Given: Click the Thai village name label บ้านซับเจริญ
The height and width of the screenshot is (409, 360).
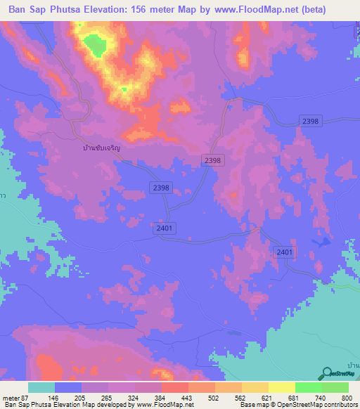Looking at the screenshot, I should (101, 148).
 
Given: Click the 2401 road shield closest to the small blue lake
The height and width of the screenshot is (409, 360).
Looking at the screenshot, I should (284, 252).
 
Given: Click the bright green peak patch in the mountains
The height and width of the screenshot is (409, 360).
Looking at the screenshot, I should (95, 46).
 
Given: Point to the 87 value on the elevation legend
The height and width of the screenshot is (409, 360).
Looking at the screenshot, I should (27, 397).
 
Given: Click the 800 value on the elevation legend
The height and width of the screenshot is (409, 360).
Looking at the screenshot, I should (345, 397).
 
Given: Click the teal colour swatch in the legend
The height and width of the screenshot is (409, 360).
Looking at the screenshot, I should (41, 387).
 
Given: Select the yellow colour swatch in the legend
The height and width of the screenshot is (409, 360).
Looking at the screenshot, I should (281, 387).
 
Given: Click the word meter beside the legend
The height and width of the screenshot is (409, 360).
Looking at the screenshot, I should (11, 397).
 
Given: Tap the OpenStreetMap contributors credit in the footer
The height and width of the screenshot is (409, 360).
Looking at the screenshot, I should (320, 405).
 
